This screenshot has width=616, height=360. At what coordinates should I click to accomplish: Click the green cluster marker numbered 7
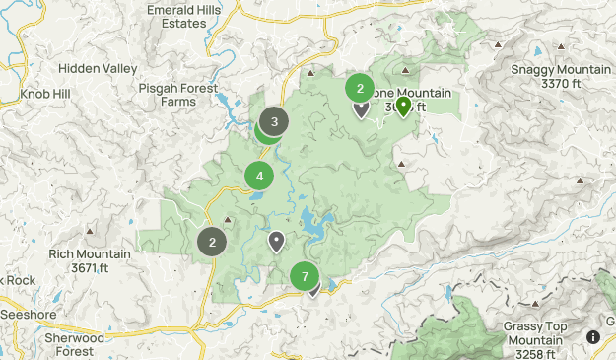point(306,277)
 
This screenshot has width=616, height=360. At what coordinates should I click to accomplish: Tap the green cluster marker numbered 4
point(259,177)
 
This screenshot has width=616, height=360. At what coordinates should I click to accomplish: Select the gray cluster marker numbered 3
point(274,123)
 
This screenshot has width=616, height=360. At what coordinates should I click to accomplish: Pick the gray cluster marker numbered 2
point(212,241)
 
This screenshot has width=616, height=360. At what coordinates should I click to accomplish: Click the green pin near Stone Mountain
point(403,106)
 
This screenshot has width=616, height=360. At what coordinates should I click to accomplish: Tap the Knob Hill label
point(45,95)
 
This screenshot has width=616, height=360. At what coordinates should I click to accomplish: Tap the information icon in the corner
point(593,337)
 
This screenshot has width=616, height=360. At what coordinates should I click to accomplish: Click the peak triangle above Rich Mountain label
point(91,232)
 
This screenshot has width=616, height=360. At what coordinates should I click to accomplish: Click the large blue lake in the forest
point(317,225)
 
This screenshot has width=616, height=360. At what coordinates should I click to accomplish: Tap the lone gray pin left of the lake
point(277,240)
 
